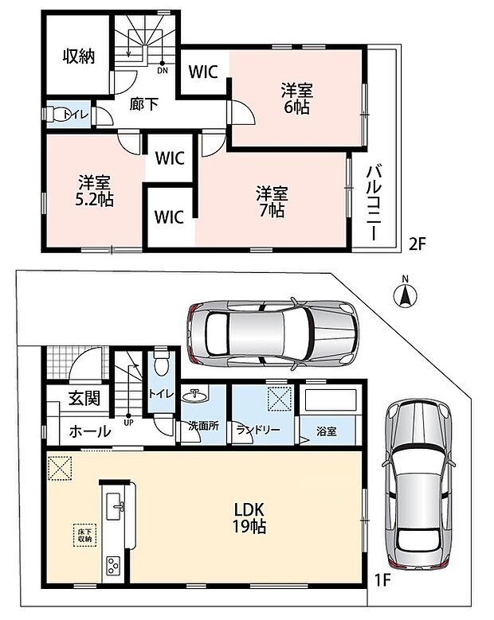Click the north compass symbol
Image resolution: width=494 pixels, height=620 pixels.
405,294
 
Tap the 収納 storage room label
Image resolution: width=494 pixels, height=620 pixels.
79,57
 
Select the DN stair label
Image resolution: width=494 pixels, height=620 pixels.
163,71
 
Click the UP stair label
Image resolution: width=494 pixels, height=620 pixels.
128,423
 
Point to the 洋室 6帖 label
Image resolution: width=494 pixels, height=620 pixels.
297,99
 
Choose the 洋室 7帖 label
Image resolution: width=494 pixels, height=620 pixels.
272,201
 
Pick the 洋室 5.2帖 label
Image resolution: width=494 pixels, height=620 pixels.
94,190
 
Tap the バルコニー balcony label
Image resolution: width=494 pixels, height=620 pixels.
373,203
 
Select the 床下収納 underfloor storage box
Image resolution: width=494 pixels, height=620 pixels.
84,536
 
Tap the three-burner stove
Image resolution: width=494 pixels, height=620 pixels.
114,566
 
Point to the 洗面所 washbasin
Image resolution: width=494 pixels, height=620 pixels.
194,395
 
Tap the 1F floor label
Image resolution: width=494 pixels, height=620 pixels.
382,580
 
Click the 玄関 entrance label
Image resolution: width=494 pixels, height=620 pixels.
84,397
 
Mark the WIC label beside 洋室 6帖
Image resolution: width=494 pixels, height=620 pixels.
203,72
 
